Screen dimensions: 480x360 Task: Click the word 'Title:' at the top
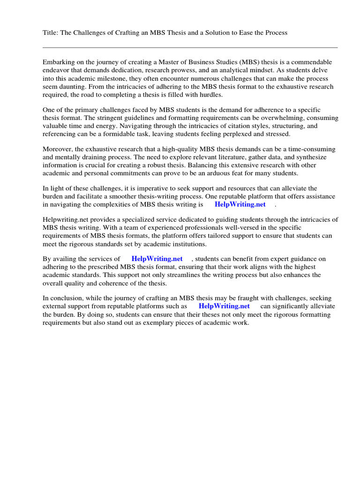[x=50, y=32]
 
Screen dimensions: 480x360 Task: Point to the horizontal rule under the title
[x=190, y=47]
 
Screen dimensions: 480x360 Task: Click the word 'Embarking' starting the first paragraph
[x=58, y=62]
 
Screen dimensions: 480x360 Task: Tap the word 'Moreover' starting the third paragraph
[x=57, y=149]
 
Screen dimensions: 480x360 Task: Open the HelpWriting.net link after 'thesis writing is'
[x=240, y=204]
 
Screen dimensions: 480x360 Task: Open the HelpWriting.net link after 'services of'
[x=157, y=259]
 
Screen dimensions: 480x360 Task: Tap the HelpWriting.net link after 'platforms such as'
[x=224, y=307]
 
